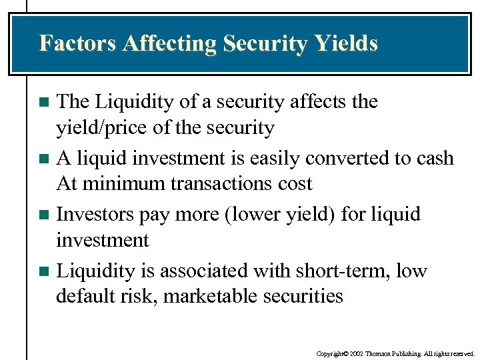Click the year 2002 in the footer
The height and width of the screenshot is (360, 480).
354,353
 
